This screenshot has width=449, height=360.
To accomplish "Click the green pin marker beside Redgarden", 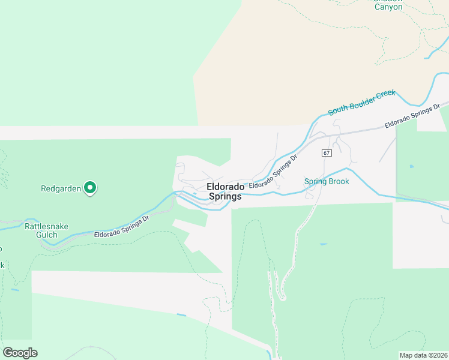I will (90, 188).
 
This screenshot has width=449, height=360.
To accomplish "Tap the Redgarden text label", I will (60, 188).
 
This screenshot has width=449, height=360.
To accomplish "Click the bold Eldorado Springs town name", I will (224, 191).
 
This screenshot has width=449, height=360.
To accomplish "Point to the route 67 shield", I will (326, 153).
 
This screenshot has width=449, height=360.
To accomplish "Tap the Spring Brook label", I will (327, 181).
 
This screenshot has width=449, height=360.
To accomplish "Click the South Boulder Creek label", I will (361, 103).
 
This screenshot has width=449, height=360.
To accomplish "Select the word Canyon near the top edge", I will (388, 7).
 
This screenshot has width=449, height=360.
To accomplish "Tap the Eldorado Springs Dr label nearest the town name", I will (274, 172).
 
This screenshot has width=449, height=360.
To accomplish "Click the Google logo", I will (20, 352).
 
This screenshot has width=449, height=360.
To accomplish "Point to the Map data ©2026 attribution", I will (423, 355).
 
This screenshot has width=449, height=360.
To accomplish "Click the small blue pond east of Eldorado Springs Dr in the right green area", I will (411, 166).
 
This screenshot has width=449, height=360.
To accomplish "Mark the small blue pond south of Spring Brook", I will (324, 244).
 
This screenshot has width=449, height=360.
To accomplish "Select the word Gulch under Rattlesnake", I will (46, 235).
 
